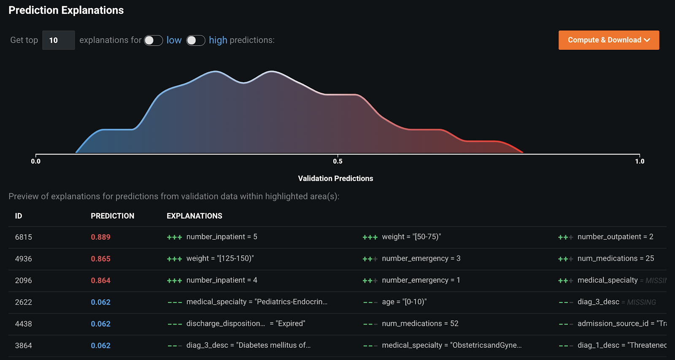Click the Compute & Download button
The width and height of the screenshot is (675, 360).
click(608, 40)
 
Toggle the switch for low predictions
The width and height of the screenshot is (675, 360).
click(153, 40)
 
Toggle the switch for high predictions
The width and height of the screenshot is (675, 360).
click(196, 40)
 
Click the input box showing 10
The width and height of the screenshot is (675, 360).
click(58, 40)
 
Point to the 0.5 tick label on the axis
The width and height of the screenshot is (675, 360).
click(337, 161)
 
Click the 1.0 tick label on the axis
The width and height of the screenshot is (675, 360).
click(640, 161)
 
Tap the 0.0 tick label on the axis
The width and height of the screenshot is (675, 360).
click(36, 161)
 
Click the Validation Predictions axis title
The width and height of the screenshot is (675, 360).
click(335, 179)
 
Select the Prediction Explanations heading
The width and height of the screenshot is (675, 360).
click(66, 11)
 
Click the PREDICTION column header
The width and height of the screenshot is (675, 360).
click(112, 216)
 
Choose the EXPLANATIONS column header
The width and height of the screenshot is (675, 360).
click(194, 216)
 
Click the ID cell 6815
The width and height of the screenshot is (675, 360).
click(24, 237)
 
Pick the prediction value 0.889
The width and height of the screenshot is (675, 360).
click(100, 237)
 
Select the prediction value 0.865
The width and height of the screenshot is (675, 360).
click(100, 259)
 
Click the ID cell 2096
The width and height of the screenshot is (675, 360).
click(24, 281)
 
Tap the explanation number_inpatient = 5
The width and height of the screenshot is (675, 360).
click(221, 237)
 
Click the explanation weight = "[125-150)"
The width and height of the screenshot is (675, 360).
click(220, 258)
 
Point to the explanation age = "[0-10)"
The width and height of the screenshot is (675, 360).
click(404, 302)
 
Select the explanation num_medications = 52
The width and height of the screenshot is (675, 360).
click(420, 324)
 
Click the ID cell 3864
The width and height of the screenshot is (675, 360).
click(24, 346)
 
